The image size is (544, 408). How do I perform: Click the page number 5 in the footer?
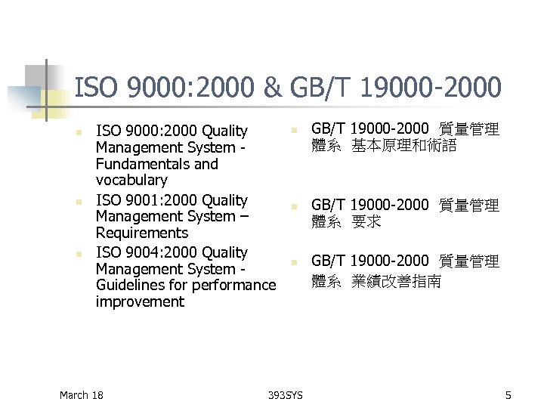508,395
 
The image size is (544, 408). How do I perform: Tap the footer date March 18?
81,395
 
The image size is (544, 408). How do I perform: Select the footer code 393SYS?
287,395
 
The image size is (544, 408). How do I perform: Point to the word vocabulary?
131,181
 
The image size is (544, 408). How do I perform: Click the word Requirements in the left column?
142,233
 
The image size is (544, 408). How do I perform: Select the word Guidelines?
131,285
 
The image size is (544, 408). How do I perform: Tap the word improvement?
140,301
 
